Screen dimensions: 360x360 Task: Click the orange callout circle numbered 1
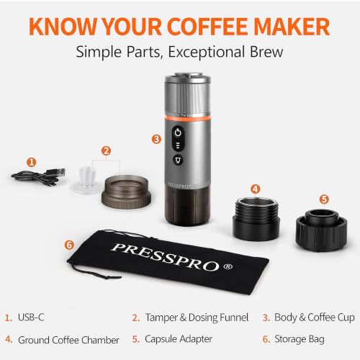coord(32,162)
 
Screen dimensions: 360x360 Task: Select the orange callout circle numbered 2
coord(106,151)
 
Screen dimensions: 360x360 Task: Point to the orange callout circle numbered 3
coord(156,139)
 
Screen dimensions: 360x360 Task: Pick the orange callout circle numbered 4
coord(256,189)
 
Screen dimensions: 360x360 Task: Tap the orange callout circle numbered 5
coord(324,199)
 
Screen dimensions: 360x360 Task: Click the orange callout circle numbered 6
coord(69,245)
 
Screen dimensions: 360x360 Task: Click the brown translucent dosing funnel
coord(126,192)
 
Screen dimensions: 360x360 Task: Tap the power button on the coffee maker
coord(178,132)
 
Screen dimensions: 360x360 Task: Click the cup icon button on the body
coord(178,160)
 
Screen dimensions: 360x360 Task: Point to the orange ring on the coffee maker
coord(188,117)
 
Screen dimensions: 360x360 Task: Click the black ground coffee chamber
coord(256,219)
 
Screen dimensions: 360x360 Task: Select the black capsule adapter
coord(321,230)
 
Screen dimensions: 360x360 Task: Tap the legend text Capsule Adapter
coord(179,339)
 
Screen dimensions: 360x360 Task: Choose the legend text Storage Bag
coord(300,339)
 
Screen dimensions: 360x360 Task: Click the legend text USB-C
coord(31,317)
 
